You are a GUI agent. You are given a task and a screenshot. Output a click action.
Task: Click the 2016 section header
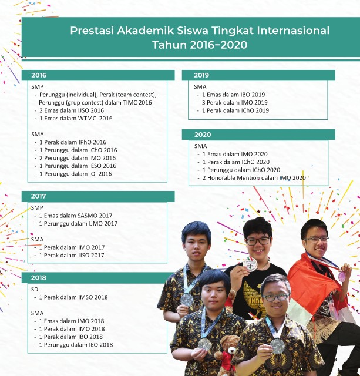[x=39, y=75]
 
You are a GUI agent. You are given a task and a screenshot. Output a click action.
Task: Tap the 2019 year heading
[x=201, y=75]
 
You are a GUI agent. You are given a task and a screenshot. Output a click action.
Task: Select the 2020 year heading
[x=203, y=135]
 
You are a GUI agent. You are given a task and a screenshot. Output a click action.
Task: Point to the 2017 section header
[x=38, y=196]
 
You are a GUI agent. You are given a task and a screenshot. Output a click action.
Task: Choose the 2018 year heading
[x=38, y=278]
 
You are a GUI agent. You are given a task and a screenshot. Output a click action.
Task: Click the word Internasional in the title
[x=293, y=31]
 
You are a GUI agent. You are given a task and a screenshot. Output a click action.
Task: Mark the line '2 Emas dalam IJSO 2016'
[x=72, y=110]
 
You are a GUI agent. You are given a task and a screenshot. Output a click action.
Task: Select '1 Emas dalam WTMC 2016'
[x=76, y=119]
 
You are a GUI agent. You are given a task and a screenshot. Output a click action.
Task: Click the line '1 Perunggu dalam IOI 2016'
[x=76, y=174]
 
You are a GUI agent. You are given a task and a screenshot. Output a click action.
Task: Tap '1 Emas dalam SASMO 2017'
[x=76, y=216]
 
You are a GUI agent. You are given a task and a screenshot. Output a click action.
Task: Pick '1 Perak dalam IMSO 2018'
[x=73, y=297]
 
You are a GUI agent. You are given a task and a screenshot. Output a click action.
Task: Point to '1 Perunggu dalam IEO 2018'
[x=76, y=345]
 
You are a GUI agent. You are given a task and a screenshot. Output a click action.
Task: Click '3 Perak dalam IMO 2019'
[x=235, y=103]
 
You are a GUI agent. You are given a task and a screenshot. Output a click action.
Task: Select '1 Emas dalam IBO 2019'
[x=234, y=95]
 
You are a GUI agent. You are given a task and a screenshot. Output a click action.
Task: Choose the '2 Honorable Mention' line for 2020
[x=254, y=178]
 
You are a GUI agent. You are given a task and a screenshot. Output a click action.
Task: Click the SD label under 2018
[x=35, y=290]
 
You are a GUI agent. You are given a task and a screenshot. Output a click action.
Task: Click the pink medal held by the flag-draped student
[x=341, y=276]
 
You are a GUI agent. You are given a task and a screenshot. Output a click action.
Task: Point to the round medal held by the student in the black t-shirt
[x=250, y=264]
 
